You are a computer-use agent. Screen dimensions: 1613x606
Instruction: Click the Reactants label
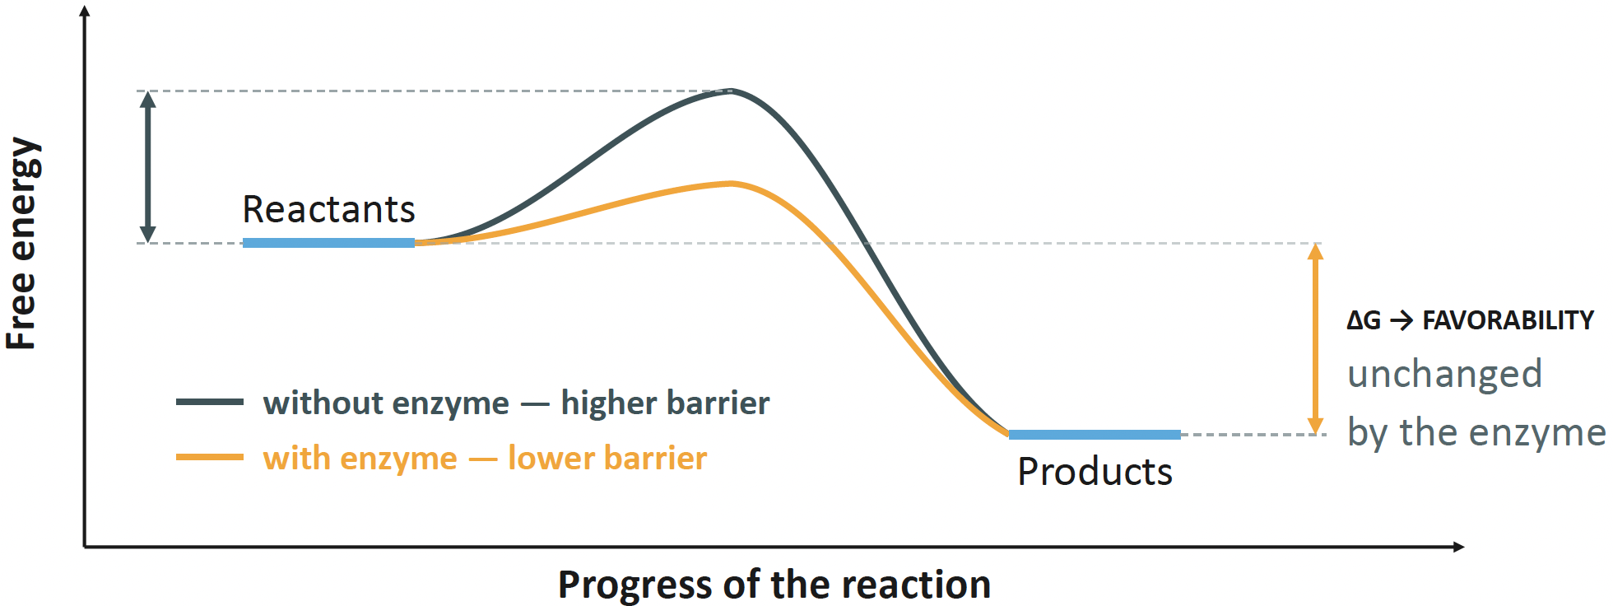pos(328,210)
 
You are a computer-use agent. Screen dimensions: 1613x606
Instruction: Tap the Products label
pos(1095,472)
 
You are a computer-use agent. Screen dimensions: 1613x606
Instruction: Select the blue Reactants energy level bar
pos(328,243)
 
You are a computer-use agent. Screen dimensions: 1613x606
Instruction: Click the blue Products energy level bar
pos(1095,435)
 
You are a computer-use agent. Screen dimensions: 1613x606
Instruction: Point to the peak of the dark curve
pos(730,91)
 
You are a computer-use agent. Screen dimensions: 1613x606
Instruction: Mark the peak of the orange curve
pos(730,184)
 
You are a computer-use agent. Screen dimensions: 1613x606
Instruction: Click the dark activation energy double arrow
pos(148,167)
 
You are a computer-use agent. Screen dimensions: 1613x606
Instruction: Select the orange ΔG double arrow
pos(1316,339)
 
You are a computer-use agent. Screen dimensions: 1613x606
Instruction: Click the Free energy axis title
pos(22,244)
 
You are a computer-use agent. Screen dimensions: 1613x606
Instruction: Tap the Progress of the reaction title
pos(774,585)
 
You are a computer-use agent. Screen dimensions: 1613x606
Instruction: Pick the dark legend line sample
pos(210,403)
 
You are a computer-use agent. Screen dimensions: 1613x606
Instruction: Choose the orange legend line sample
pos(210,457)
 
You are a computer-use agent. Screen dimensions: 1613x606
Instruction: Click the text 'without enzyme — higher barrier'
pos(517,403)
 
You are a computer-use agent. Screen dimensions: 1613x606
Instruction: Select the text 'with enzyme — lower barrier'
pos(486,458)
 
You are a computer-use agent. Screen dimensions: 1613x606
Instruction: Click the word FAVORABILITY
pos(1508,320)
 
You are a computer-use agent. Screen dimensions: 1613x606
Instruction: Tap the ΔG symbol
pos(1364,320)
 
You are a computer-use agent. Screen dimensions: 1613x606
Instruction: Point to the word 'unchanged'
pos(1445,375)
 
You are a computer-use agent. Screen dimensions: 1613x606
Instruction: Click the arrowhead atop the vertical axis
pos(85,11)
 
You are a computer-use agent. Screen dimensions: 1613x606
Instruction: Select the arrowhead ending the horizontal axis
pos(1458,547)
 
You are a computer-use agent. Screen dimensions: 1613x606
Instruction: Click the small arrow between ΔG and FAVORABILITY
pos(1401,320)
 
